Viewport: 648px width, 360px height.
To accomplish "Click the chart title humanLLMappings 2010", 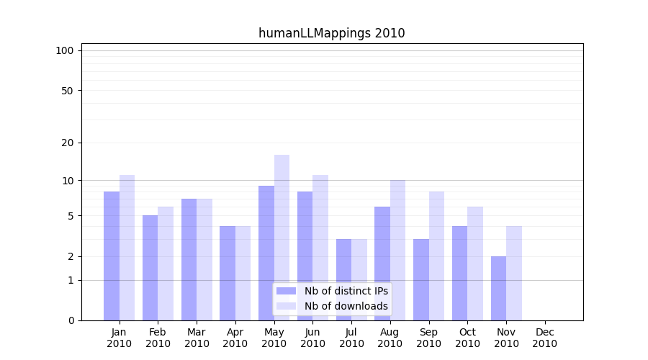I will point(331,33).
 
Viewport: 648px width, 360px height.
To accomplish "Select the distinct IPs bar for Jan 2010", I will point(112,256).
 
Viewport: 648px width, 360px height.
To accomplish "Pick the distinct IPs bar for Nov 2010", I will point(498,288).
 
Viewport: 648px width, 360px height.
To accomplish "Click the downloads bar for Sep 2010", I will point(436,256).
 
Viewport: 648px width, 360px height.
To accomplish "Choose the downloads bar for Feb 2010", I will point(166,263).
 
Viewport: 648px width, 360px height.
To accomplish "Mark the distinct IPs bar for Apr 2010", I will point(228,273).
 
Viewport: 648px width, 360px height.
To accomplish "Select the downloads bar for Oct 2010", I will point(475,263).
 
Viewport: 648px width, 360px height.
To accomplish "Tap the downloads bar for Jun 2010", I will point(320,247).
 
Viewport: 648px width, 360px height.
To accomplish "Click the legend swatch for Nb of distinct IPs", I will point(286,291).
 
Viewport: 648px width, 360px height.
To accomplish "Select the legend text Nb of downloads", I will point(346,306).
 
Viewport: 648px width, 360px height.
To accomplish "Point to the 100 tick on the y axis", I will point(65,50).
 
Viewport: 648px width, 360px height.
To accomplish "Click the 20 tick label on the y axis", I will point(68,143).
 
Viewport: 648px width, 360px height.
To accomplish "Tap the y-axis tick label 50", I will point(68,91).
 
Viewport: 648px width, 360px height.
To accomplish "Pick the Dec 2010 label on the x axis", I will point(544,338).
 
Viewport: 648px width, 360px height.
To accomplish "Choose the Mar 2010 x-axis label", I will point(197,338).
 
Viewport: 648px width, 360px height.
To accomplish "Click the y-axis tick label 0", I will point(71,320).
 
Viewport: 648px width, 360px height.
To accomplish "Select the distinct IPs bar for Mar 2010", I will point(189,259).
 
